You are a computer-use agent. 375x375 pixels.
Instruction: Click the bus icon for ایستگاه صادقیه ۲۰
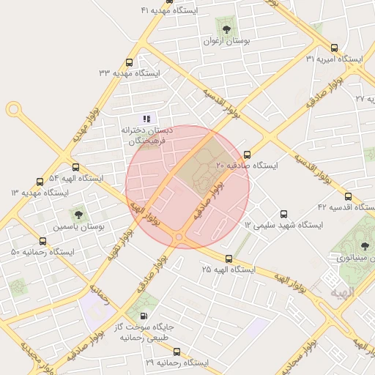[247, 155]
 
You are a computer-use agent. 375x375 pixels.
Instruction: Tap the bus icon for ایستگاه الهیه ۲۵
[229, 259]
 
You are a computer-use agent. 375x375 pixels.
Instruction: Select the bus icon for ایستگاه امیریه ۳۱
[335, 47]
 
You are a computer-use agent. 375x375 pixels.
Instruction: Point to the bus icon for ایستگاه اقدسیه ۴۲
[347, 196]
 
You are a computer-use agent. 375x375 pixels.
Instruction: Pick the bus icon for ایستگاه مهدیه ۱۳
[40, 182]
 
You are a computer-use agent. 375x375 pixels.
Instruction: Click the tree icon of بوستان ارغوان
[225, 29]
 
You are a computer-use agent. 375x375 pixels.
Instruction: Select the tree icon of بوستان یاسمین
[78, 215]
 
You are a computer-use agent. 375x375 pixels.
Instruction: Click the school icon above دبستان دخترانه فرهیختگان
[146, 117]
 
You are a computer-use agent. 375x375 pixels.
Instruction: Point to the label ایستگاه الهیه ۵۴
[76, 178]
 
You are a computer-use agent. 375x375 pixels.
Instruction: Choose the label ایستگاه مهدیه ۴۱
[169, 10]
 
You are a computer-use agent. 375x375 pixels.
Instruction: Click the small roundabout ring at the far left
[13, 110]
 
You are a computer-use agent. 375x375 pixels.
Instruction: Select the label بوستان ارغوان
[226, 42]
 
